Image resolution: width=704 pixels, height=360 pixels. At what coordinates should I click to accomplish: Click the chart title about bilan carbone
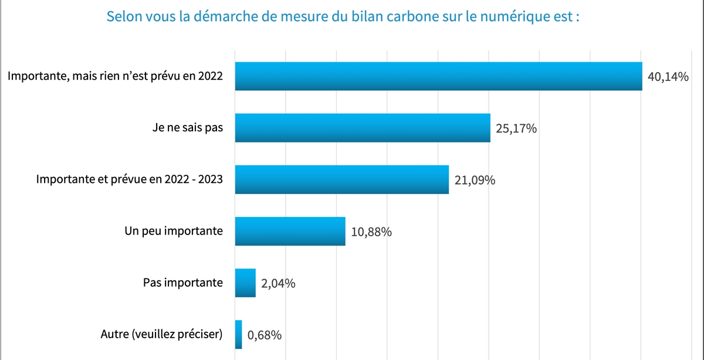click(x=343, y=16)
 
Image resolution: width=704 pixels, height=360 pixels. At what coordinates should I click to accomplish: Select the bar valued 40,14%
click(x=438, y=76)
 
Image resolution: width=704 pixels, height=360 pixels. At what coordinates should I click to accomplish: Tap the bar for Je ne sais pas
click(x=362, y=128)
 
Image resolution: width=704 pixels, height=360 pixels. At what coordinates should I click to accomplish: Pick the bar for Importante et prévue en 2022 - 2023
click(x=341, y=179)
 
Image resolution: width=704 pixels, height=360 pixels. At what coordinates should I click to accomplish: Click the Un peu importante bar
click(x=290, y=231)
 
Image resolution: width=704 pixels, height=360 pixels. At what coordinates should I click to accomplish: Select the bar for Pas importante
click(x=245, y=283)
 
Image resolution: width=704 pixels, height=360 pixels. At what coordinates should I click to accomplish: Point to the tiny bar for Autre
click(x=238, y=334)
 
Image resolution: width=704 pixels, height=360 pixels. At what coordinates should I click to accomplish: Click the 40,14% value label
click(x=668, y=77)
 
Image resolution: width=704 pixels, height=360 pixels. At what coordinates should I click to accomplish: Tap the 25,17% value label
click(x=516, y=129)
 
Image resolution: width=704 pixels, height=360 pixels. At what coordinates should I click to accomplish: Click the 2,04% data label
click(x=278, y=284)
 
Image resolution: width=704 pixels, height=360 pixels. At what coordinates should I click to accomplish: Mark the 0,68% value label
click(x=265, y=335)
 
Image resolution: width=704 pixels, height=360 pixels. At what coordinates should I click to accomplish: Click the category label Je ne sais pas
click(x=187, y=128)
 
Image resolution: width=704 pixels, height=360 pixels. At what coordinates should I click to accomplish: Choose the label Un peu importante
click(x=174, y=231)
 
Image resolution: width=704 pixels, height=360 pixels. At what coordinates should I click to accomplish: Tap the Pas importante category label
click(x=182, y=283)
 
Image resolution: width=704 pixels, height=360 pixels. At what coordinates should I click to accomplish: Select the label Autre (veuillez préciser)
click(x=162, y=335)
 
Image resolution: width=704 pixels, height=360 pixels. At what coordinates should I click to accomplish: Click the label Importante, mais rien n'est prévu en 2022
click(x=115, y=76)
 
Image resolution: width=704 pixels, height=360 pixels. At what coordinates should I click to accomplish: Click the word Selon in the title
click(x=121, y=16)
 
